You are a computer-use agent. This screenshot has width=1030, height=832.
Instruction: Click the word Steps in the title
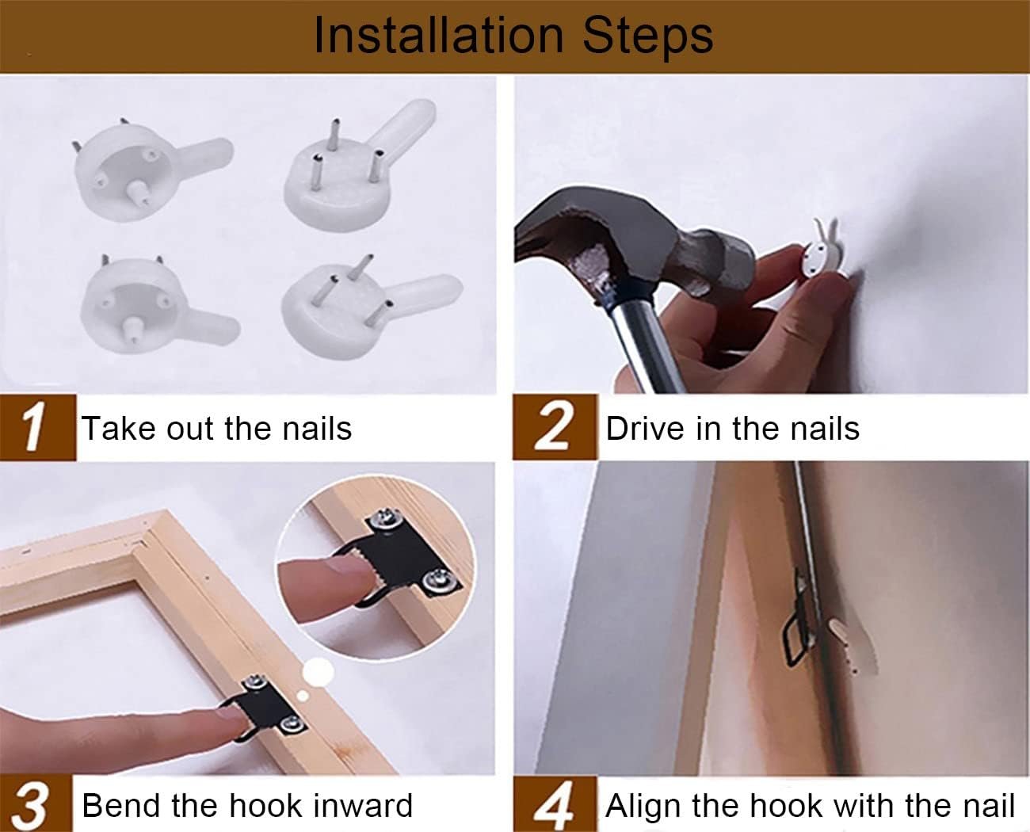coord(648,39)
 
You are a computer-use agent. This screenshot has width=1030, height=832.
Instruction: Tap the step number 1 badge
coord(38,427)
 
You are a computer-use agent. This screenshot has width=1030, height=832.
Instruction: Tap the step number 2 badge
coord(555,427)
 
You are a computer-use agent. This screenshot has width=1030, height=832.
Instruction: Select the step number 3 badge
coord(36,804)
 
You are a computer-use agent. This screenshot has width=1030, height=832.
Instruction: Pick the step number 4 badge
coord(555,804)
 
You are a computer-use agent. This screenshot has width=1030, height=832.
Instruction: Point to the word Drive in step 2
coord(647,428)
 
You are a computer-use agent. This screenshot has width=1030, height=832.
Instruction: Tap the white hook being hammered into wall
coord(822,254)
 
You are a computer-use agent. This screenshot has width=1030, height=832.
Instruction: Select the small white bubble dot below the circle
coord(303,697)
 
